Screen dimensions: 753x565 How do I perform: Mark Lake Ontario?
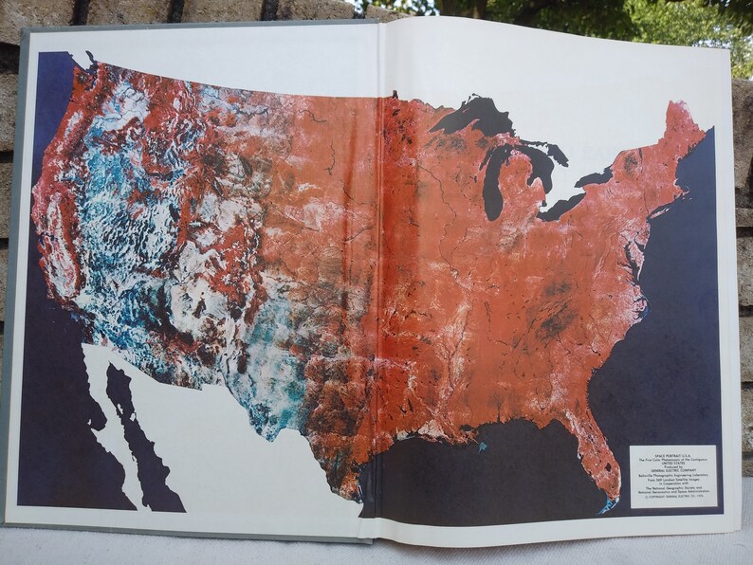(x=597, y=177)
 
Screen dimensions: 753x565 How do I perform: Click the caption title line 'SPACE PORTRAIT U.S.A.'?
(x=672, y=450)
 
